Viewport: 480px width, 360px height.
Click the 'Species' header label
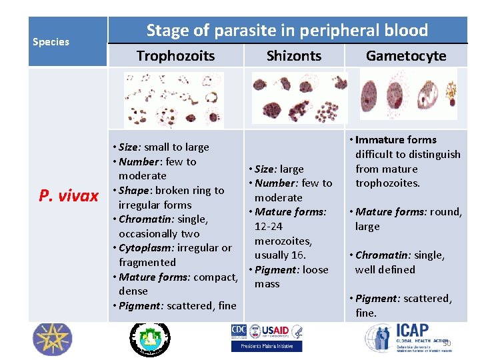point(51,42)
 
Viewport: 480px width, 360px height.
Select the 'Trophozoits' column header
point(175,56)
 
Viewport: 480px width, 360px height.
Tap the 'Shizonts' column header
point(293,56)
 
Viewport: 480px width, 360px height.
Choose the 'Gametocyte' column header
point(406,56)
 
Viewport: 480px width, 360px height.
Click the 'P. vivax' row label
point(68,195)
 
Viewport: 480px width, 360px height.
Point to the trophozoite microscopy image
point(174,100)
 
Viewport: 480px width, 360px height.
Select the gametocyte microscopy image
point(408,94)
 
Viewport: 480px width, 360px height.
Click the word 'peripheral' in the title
point(343,30)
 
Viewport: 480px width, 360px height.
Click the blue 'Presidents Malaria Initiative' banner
point(266,346)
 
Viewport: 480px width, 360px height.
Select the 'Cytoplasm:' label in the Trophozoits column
point(143,248)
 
